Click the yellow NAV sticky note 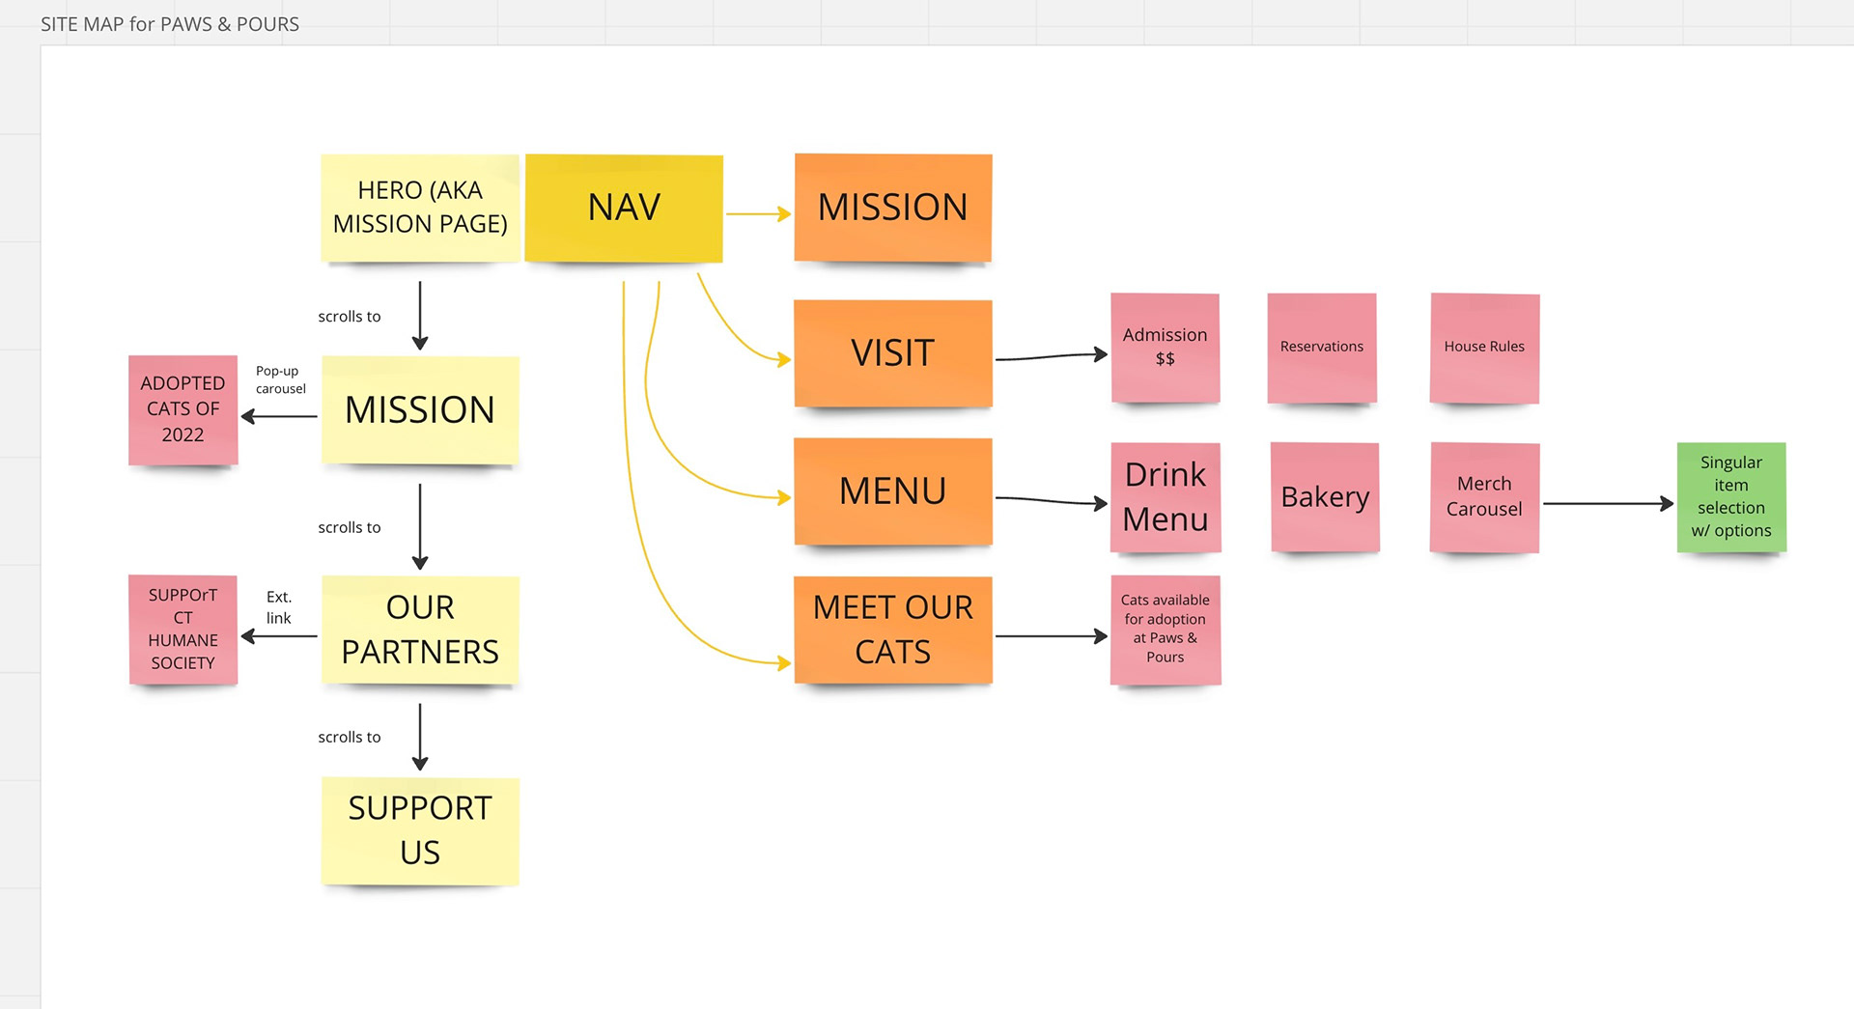tap(624, 208)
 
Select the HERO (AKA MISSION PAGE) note tap(420, 208)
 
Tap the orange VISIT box tap(893, 353)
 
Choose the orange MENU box tap(893, 491)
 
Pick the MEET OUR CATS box tap(893, 630)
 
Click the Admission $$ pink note tap(1166, 348)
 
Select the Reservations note tap(1322, 348)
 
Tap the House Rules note tap(1484, 348)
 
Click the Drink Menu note tap(1166, 497)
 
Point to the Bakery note tap(1325, 497)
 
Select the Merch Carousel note tap(1484, 497)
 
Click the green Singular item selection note tap(1731, 497)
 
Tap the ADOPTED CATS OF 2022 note tap(183, 409)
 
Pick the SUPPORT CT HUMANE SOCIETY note tap(183, 630)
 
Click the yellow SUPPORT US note tap(420, 830)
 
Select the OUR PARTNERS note tap(420, 630)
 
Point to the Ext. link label tap(279, 607)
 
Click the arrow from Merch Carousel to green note tap(1609, 503)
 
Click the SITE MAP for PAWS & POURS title tap(170, 24)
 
